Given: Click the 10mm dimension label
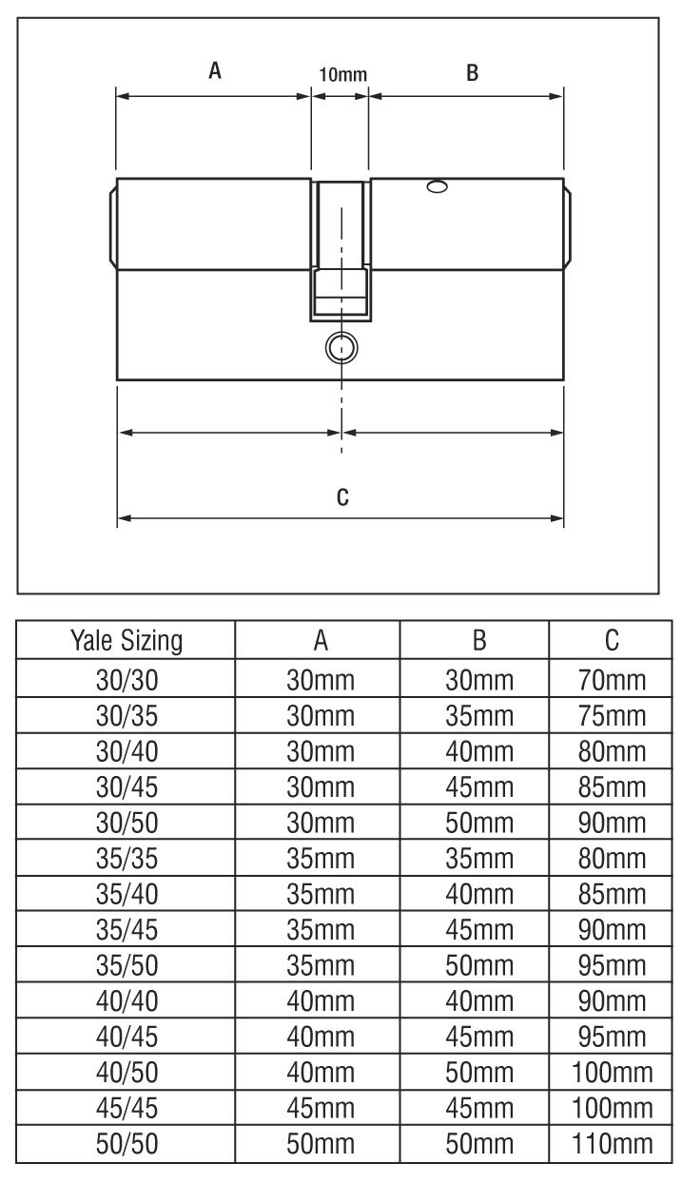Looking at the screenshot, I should [x=341, y=74].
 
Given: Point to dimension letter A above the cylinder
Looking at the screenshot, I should [x=215, y=71].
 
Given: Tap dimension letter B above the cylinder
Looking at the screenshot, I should [x=472, y=71].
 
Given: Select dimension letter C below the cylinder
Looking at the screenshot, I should [x=342, y=496].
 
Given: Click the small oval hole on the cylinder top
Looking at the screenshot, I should [x=438, y=187].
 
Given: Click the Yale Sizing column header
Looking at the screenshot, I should [x=127, y=642].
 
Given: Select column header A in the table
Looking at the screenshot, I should [x=322, y=642].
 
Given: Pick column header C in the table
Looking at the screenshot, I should [x=612, y=642].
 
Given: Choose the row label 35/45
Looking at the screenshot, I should [x=127, y=932].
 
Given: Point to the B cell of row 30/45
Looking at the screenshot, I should [x=480, y=787].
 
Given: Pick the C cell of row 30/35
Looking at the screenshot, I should [x=612, y=715].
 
